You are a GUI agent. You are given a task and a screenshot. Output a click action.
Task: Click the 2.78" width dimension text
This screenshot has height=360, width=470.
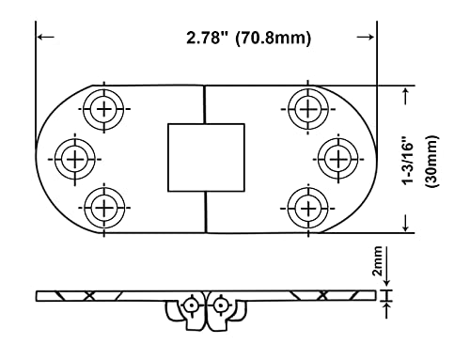(x=208, y=39)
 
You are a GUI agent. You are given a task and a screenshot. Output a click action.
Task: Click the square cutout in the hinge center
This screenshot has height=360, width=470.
(x=205, y=156)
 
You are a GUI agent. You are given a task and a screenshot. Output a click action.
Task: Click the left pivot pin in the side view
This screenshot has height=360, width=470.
(x=191, y=304)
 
